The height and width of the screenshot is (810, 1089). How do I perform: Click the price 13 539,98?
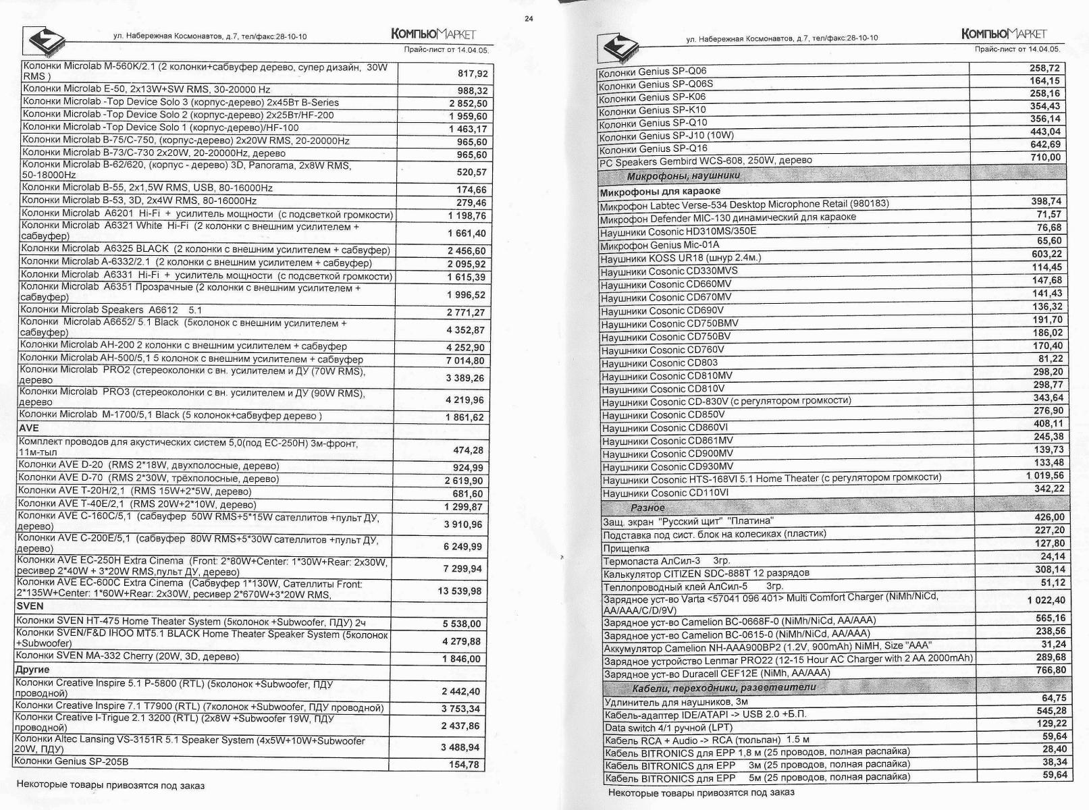460,591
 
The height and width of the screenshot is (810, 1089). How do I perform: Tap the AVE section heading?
29,428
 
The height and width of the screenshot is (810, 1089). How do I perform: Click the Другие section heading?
32,670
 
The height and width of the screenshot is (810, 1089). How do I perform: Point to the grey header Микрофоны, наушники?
683,176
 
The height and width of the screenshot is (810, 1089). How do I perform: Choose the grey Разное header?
647,508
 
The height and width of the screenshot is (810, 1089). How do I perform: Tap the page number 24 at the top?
529,19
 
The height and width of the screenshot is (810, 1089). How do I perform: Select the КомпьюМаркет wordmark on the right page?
1003,34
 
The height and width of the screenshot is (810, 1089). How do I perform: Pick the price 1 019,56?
1044,476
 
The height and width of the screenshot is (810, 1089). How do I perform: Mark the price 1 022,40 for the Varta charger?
1046,600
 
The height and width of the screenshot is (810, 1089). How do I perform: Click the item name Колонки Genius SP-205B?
72,761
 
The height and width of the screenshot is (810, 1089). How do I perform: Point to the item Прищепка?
626,548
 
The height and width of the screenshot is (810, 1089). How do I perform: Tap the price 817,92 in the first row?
472,74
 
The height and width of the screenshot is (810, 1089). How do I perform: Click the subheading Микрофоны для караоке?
660,191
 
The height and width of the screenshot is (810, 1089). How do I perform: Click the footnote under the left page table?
110,785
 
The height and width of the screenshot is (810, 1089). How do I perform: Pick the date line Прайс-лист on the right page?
1017,49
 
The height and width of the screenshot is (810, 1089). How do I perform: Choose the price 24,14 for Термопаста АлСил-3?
1053,556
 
